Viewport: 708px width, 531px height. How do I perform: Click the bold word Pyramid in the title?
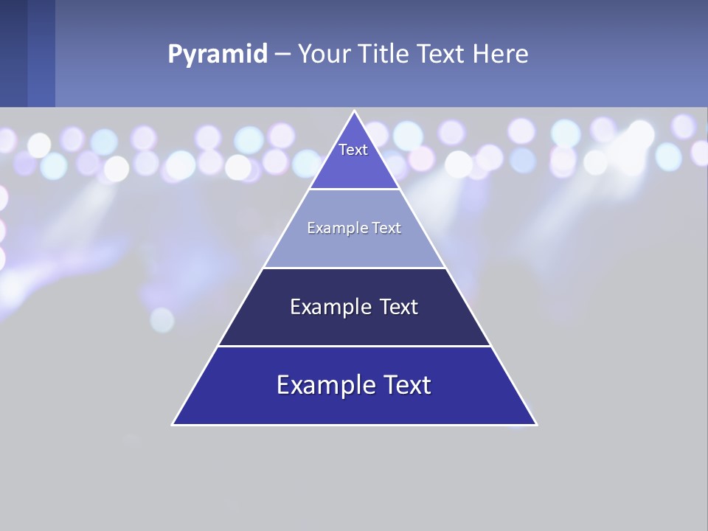[218, 55]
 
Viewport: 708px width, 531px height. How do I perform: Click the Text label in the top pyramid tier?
[353, 150]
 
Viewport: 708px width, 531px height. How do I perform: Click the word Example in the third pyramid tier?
[329, 307]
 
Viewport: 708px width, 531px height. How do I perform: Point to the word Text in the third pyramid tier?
[398, 307]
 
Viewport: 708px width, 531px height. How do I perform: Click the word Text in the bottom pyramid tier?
[406, 385]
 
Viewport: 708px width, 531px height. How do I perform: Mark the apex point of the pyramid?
[355, 111]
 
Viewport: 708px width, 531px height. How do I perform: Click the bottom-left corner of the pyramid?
[173, 424]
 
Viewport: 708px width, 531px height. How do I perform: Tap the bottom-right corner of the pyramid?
[536, 424]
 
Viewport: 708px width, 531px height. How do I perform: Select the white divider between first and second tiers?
[355, 189]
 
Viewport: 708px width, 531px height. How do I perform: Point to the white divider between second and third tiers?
[355, 268]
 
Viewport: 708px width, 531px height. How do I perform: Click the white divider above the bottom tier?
[355, 346]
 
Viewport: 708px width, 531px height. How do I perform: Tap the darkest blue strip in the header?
[13, 53]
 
